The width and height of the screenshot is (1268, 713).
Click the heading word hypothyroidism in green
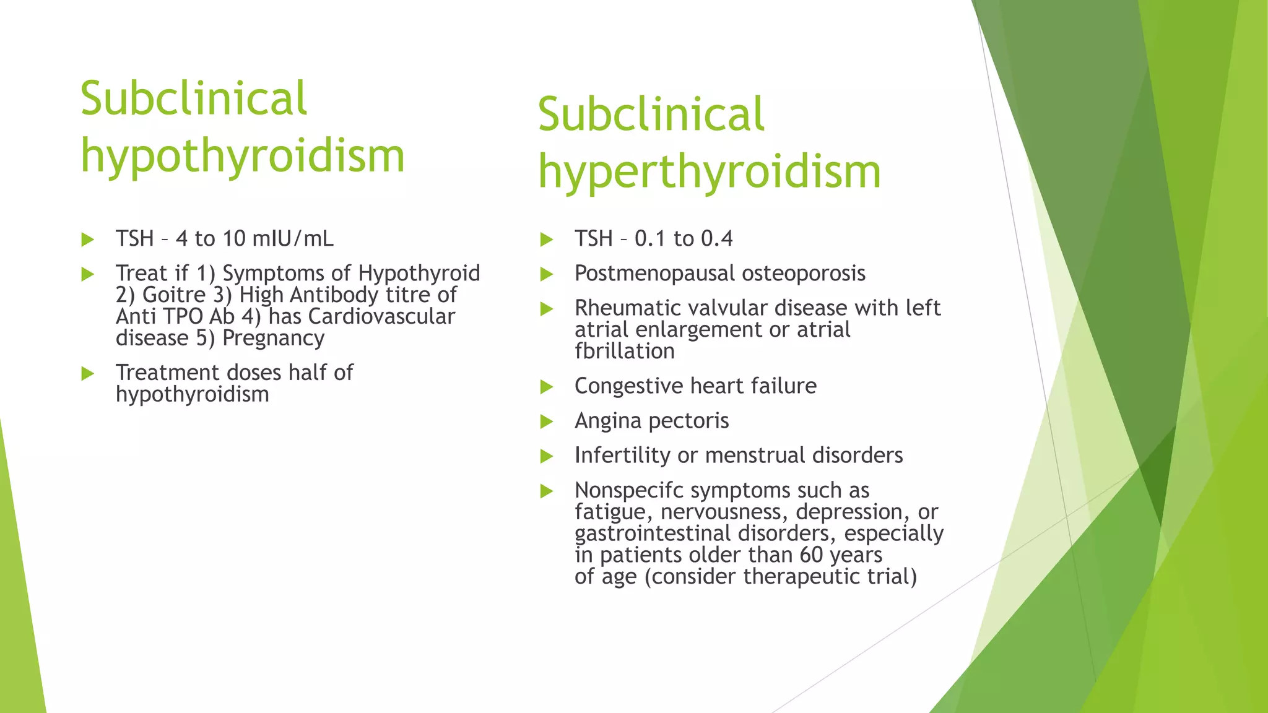point(242,156)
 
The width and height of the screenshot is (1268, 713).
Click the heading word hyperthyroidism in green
point(709,172)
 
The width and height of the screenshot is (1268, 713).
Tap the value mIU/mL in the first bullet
point(293,239)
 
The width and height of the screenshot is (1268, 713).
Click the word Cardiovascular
point(381,317)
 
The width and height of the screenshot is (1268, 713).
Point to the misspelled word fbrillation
point(624,352)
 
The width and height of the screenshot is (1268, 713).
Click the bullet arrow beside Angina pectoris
point(546,422)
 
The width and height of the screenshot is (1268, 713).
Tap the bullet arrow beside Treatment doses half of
point(87,374)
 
